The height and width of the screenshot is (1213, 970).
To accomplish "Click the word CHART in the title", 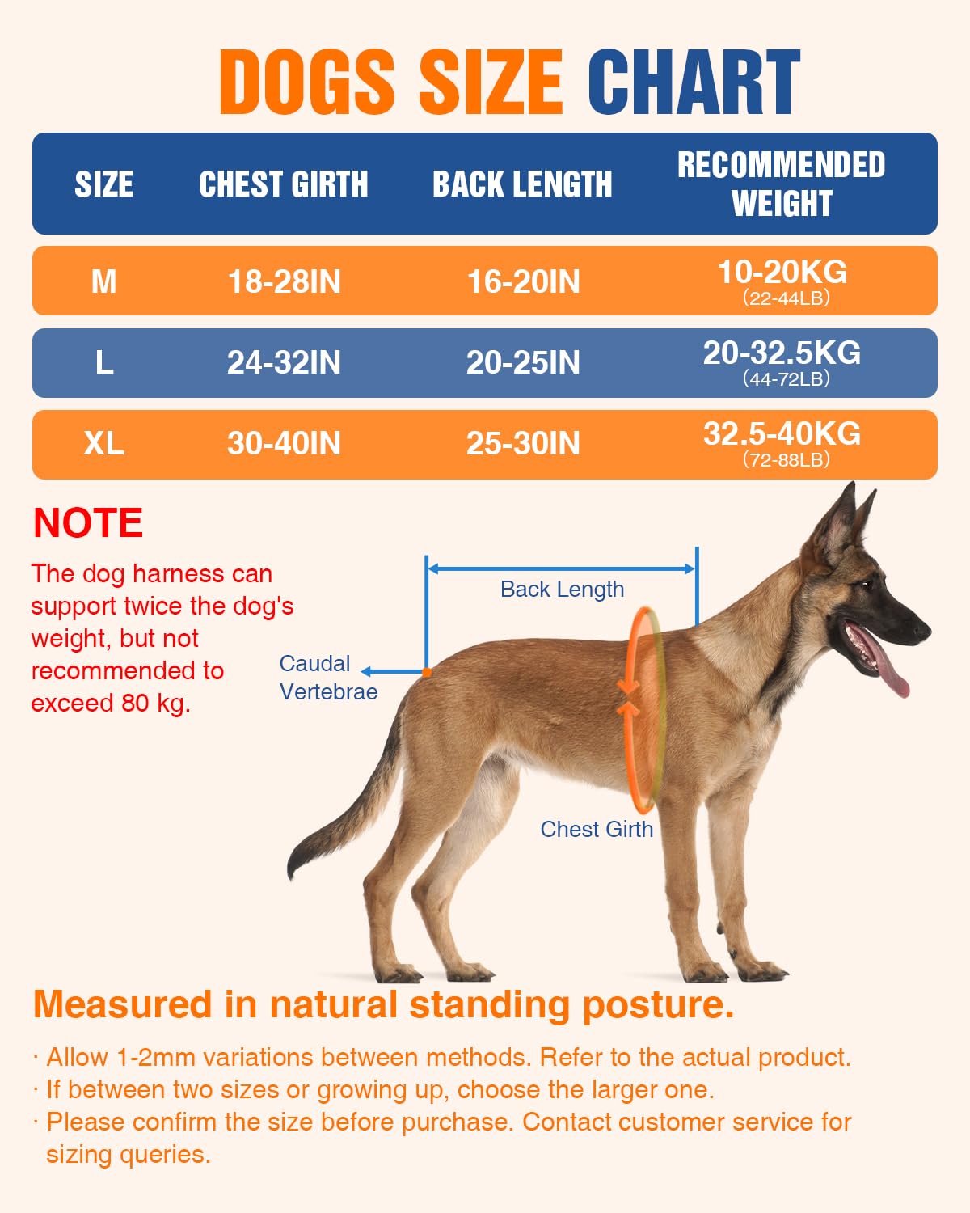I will point(694,82).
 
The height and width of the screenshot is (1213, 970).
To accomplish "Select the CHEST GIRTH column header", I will point(284,184).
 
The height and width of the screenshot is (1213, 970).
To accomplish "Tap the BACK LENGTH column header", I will point(522,184).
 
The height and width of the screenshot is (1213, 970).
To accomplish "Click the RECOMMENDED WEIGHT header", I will point(781,184).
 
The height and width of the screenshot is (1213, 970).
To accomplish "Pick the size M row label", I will point(103,281).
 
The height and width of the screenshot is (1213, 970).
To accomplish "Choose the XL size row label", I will point(103,443).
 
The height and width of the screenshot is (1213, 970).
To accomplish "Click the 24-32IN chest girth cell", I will point(284,362).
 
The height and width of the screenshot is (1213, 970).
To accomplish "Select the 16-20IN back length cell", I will point(523,281).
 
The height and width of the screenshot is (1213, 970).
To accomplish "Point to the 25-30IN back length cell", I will point(523,443).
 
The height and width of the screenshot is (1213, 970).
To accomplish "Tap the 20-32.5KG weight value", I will point(782,353).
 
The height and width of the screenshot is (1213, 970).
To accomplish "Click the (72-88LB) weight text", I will point(787,460).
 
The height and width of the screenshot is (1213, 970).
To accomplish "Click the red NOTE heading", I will point(88,523).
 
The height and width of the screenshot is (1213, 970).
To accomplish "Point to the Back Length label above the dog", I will point(562,590).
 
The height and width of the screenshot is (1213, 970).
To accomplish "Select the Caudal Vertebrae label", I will point(327,678).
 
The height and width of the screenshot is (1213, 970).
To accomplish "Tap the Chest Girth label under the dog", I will point(597,829).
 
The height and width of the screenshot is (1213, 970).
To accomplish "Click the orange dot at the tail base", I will point(427,672).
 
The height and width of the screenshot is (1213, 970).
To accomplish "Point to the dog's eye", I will point(867,585).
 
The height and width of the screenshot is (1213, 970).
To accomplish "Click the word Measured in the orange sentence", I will point(122,1005).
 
